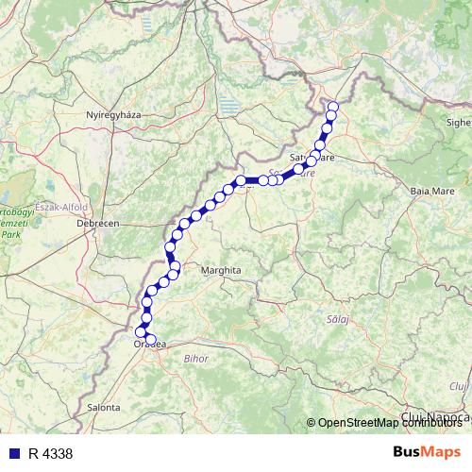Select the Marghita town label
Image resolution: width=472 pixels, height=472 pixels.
[221, 270]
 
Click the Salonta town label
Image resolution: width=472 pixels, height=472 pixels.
[102, 407]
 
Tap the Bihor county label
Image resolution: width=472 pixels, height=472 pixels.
[195, 359]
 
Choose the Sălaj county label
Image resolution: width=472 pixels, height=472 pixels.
[339, 320]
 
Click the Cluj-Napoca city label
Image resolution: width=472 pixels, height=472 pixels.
[435, 416]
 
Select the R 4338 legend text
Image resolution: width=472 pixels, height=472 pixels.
[50, 454]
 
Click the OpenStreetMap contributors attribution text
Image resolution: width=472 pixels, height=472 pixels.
[393, 423]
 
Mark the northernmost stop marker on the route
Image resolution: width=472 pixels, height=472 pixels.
[331, 106]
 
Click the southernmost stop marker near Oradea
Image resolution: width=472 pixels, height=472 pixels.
[150, 339]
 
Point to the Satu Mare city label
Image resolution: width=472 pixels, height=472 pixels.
[312, 157]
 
